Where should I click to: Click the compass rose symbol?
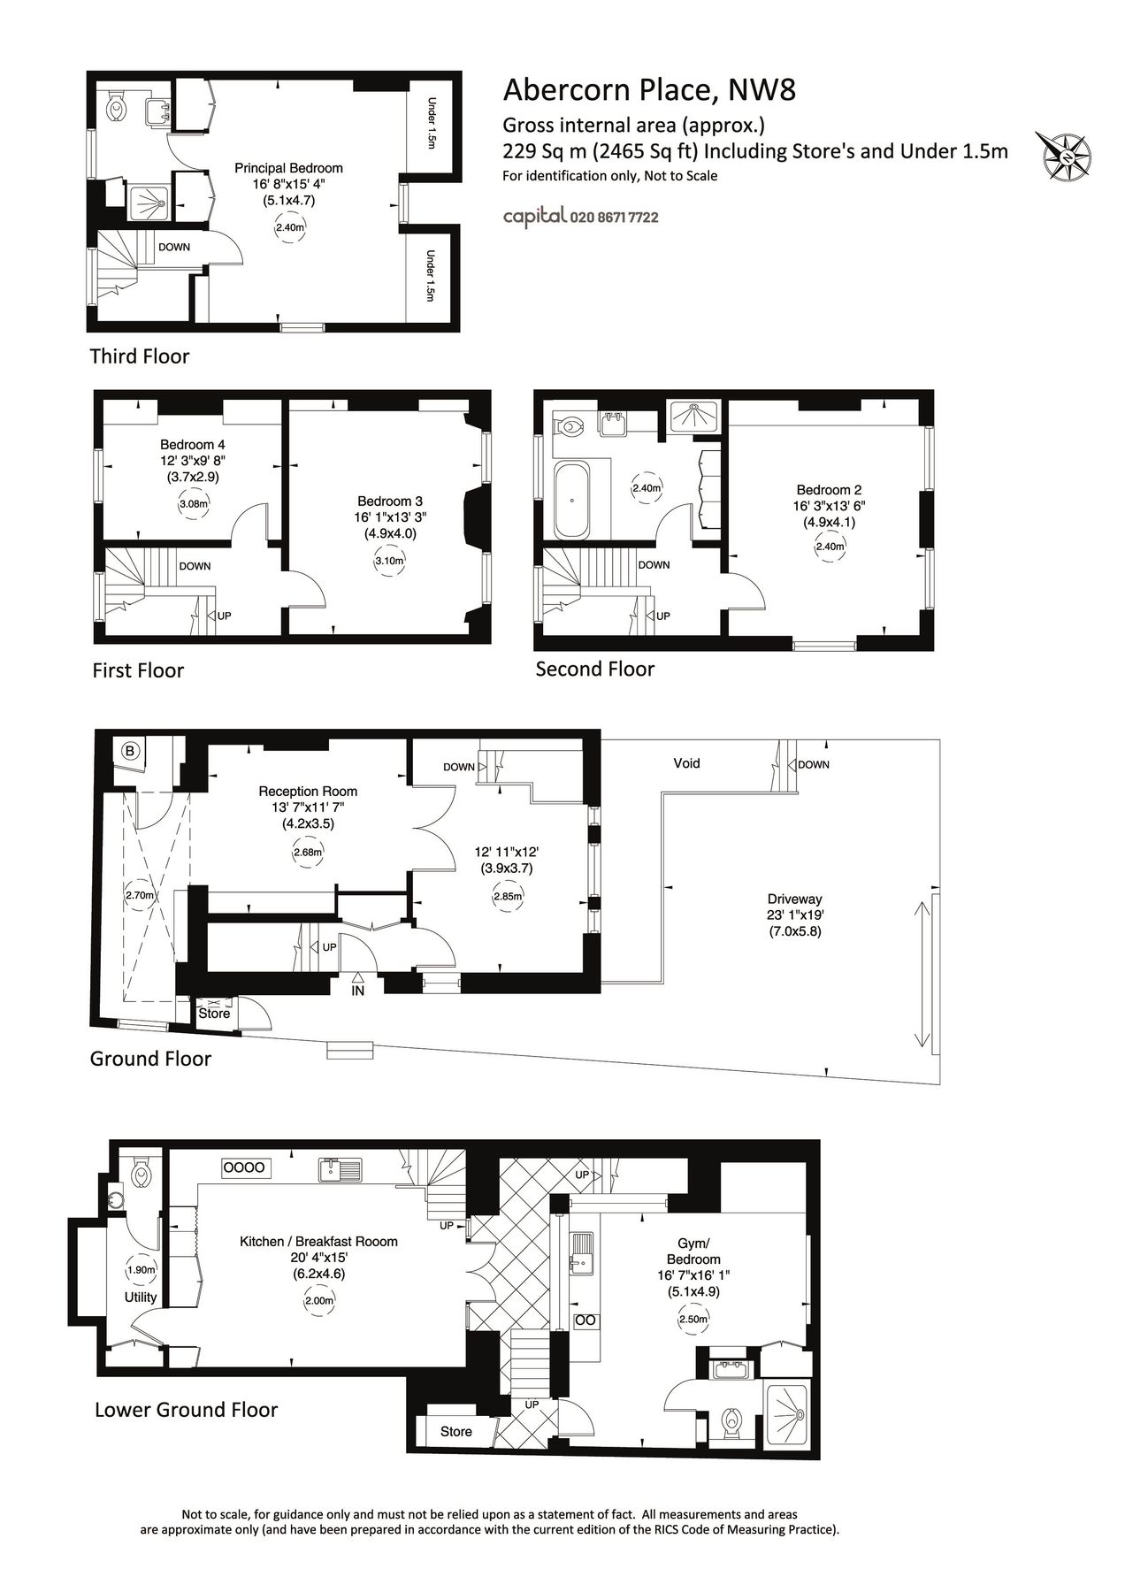point(1069,157)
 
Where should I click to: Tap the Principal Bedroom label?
point(288,168)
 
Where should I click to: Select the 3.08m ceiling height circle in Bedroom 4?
point(193,505)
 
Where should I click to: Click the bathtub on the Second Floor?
point(571,500)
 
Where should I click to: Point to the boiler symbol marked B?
point(130,753)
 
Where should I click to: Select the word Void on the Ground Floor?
point(686,763)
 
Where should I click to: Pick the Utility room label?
point(141,1297)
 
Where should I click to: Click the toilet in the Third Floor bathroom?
point(116,109)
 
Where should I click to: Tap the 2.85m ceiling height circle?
point(509,896)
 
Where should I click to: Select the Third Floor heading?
point(140,356)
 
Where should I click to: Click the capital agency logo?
point(534,217)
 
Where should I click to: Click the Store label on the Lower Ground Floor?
point(456,1431)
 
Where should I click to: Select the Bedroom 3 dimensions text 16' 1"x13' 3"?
point(391,517)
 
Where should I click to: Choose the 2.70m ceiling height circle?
point(140,895)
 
